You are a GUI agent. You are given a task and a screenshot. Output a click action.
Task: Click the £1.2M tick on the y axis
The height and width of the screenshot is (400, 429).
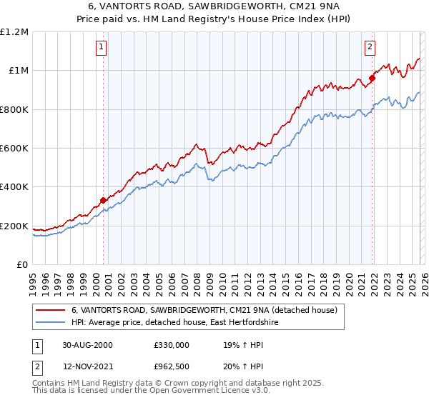tap(15, 31)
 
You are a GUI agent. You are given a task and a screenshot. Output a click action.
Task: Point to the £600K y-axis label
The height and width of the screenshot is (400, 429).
tap(14, 149)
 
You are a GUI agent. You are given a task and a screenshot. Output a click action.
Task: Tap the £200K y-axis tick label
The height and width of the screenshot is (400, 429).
tap(14, 226)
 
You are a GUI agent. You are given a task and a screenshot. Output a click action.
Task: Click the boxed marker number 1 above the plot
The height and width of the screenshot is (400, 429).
tap(101, 48)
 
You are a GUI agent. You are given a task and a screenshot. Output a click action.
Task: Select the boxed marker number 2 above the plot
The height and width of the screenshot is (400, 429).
tap(370, 48)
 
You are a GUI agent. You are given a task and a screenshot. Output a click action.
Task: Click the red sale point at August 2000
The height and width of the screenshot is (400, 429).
tap(104, 201)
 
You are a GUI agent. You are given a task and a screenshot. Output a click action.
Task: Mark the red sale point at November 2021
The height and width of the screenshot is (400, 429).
tap(372, 78)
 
